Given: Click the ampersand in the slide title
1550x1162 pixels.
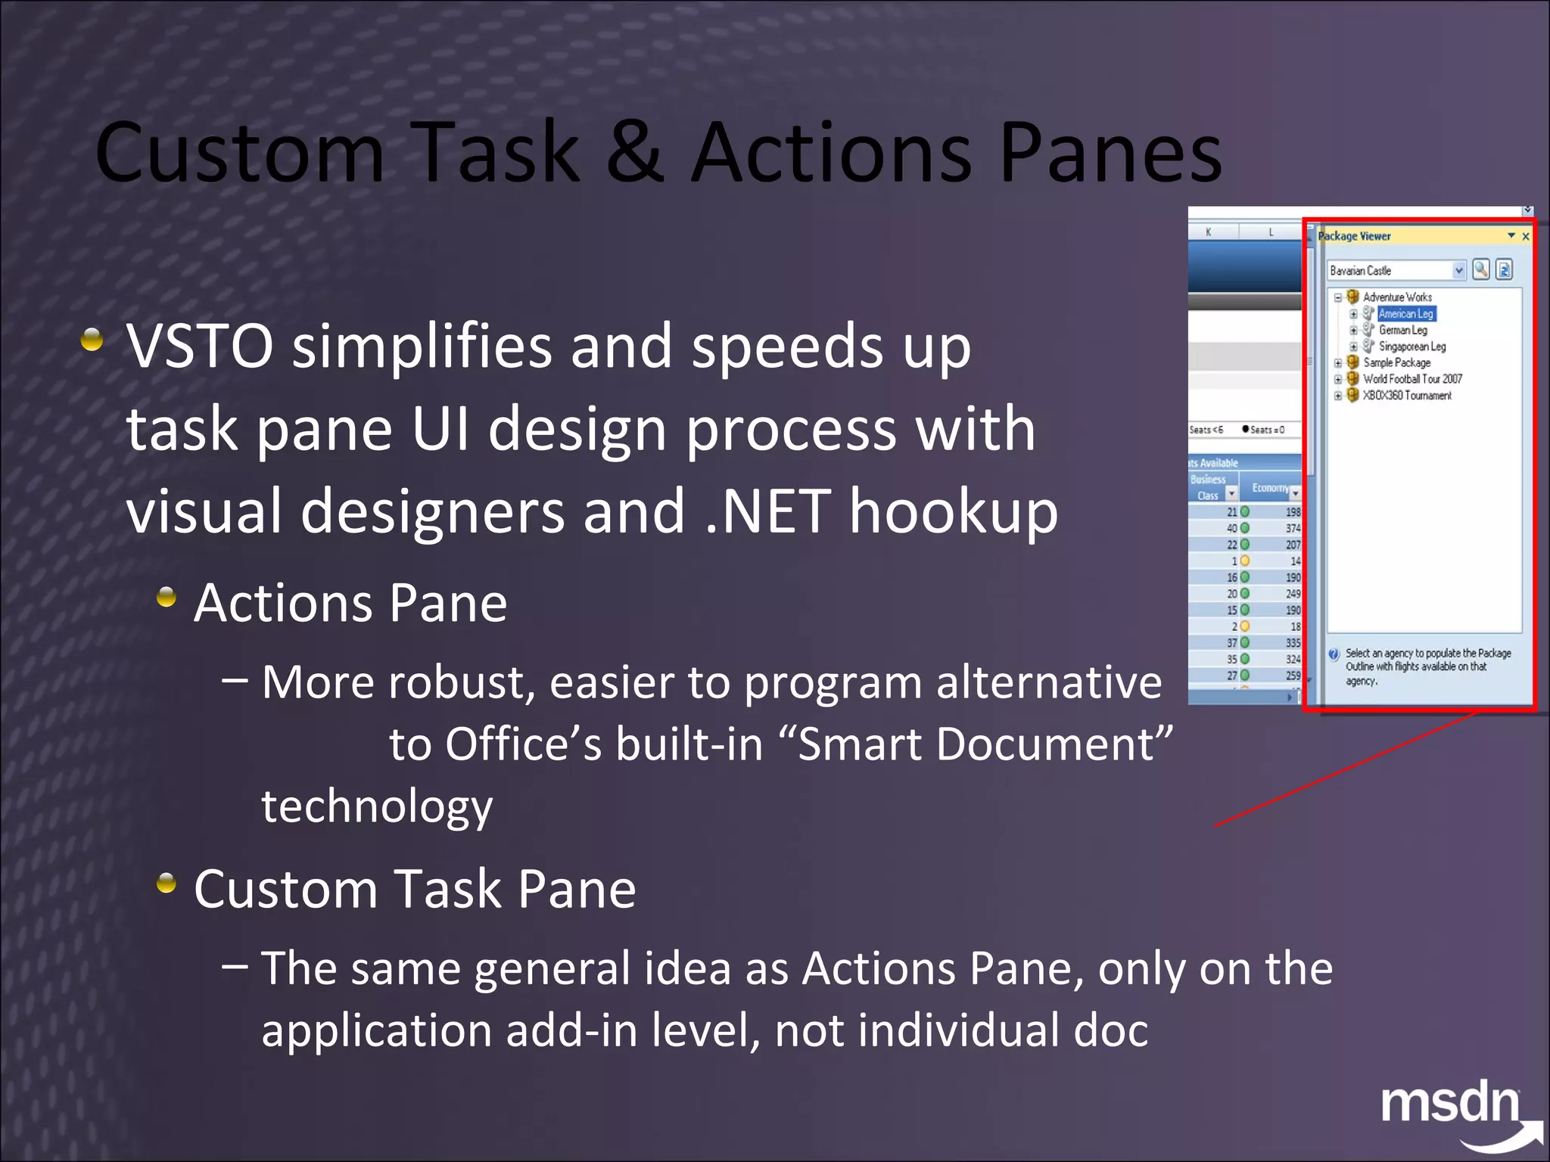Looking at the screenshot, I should [634, 153].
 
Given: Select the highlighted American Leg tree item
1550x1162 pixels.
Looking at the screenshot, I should [1405, 314].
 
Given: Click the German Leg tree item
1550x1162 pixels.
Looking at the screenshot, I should [1402, 330].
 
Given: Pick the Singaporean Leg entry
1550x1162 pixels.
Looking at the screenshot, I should [1411, 346].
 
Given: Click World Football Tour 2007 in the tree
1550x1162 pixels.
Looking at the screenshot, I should [1412, 379].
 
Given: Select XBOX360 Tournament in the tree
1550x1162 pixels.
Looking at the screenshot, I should [1407, 396].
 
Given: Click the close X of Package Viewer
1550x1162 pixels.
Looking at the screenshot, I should [1526, 237].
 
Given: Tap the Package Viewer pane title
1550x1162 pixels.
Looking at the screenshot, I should [1355, 236].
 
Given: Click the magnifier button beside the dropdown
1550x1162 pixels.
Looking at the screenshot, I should [1481, 269].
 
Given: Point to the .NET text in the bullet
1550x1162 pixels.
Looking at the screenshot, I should [767, 512].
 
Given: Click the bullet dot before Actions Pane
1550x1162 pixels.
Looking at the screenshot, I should [167, 598].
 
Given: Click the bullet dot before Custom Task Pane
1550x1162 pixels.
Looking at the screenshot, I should [167, 883].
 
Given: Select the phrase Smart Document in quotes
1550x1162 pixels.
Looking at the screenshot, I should [975, 744].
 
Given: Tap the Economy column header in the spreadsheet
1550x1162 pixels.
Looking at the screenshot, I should [1270, 488].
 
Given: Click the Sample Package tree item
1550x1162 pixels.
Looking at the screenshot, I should [1396, 363].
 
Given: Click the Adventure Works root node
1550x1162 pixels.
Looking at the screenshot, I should [1397, 297].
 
